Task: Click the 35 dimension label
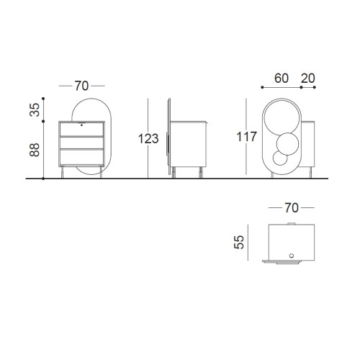pyautogui.click(x=35, y=109)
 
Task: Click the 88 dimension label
pyautogui.click(x=35, y=150)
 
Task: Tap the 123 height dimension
pyautogui.click(x=148, y=139)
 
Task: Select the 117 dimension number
pyautogui.click(x=246, y=137)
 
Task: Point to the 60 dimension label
pyautogui.click(x=282, y=78)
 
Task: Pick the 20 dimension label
pyautogui.click(x=307, y=78)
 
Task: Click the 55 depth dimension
pyautogui.click(x=239, y=242)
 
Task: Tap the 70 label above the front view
pyautogui.click(x=81, y=86)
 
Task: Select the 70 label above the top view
pyautogui.click(x=292, y=208)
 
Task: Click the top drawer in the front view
pyautogui.click(x=81, y=130)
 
